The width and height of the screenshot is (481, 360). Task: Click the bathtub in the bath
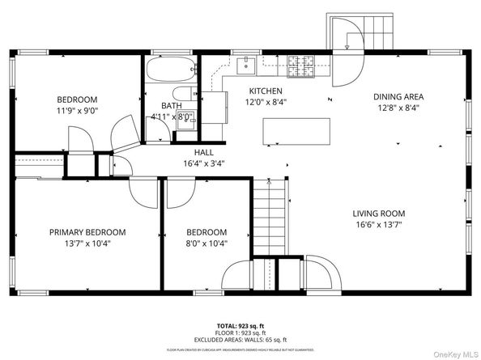click(x=171, y=70)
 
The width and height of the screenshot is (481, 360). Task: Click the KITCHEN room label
click(x=265, y=91)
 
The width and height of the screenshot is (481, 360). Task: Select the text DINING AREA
click(x=398, y=96)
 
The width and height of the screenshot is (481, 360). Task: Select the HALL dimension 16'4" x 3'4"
click(x=203, y=163)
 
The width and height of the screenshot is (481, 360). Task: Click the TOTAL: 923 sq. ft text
click(x=240, y=324)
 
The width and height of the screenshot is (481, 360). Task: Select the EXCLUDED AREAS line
click(x=240, y=340)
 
